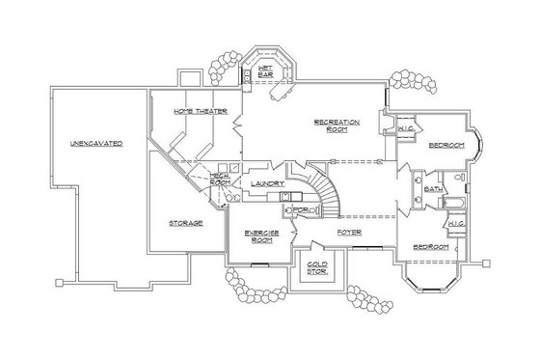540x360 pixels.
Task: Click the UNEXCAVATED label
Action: pyautogui.click(x=94, y=143)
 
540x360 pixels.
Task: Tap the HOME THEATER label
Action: pyautogui.click(x=201, y=113)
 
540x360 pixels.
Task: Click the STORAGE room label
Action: pyautogui.click(x=185, y=223)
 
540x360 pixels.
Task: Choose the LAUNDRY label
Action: pyautogui.click(x=266, y=182)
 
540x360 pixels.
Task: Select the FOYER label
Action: pyautogui.click(x=349, y=233)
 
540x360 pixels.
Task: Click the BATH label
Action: pyautogui.click(x=433, y=189)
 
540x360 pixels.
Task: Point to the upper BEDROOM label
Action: pyautogui.click(x=446, y=145)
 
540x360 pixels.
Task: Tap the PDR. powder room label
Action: pyautogui.click(x=300, y=209)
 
